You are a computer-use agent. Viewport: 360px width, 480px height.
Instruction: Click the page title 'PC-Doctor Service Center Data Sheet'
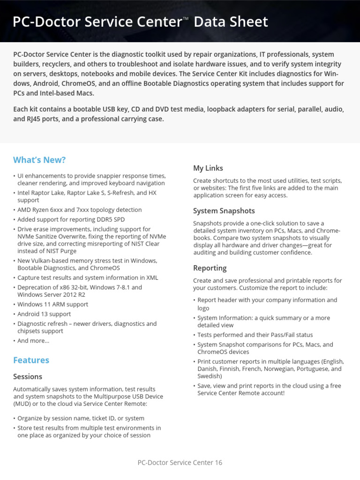tap(140, 22)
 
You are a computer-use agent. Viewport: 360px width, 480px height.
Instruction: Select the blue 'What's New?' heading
tap(39, 160)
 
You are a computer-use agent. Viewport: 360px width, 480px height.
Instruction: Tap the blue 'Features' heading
tap(31, 360)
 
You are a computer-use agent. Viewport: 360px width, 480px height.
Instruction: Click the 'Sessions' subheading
tap(28, 376)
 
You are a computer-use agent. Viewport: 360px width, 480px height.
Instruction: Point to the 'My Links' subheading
tap(208, 168)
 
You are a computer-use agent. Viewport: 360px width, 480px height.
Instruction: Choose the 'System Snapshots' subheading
tap(224, 211)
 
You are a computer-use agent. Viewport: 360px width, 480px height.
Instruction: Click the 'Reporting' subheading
tap(210, 268)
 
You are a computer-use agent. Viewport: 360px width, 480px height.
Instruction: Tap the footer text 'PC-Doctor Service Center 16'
tap(180, 463)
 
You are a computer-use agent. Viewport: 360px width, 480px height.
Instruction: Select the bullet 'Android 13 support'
tap(44, 314)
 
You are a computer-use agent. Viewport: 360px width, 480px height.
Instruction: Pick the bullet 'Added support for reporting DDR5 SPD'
tap(71, 219)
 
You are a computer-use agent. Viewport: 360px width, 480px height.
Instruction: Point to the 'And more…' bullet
tap(33, 341)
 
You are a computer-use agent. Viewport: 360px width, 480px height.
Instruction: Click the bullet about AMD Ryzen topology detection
tap(79, 210)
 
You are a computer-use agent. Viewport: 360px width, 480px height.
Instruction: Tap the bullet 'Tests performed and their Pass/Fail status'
tap(255, 335)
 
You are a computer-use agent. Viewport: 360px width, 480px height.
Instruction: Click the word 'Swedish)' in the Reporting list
tap(210, 376)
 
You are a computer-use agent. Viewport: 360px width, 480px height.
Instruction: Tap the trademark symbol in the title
tap(186, 18)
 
